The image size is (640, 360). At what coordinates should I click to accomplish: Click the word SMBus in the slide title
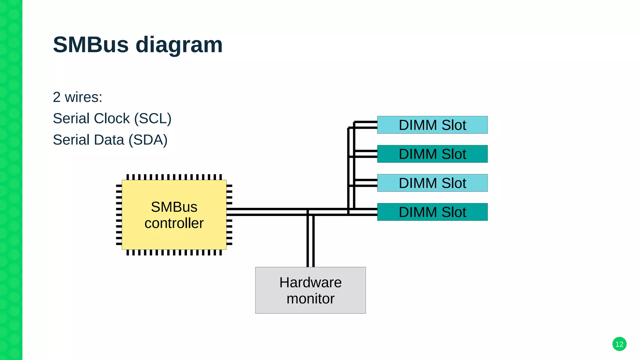pos(91,45)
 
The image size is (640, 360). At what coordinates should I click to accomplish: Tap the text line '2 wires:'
pos(77,97)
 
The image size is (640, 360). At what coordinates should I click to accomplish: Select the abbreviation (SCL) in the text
pos(153,119)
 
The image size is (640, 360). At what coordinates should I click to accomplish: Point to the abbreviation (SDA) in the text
pos(148,140)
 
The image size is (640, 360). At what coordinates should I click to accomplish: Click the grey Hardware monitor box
pos(310,290)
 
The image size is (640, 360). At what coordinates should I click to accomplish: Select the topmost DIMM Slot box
pos(432,125)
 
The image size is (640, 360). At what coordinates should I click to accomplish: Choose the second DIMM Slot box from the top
pos(432,154)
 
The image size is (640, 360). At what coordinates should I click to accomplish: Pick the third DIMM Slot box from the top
pos(432,183)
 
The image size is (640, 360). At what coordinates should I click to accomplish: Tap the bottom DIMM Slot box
pos(432,212)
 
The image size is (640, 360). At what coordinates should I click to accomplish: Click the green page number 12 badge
pos(619,344)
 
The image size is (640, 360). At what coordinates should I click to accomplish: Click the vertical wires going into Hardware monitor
pos(310,241)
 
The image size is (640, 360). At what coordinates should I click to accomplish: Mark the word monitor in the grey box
pos(310,299)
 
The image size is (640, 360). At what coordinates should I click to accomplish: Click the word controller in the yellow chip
pos(174,223)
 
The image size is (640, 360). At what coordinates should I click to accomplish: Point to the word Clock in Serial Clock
pos(112,119)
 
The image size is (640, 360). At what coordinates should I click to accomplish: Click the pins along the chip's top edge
pos(174,177)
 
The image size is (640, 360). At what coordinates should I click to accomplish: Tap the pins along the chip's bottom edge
pos(174,252)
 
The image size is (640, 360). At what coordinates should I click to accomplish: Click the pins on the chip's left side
pos(119,215)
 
